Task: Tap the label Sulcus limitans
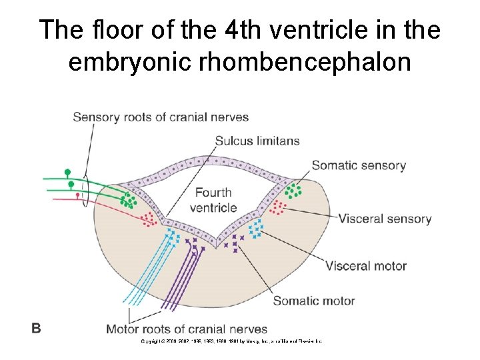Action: click(x=257, y=141)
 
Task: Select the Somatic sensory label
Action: click(x=358, y=165)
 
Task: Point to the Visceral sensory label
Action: click(x=385, y=219)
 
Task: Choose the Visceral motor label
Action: click(x=365, y=266)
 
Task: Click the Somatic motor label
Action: click(x=313, y=301)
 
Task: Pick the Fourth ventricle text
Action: click(x=213, y=200)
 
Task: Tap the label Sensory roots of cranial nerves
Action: click(x=160, y=117)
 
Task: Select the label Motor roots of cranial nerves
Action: click(x=187, y=329)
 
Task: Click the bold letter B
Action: click(x=36, y=327)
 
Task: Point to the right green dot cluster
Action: click(x=293, y=191)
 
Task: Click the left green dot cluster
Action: click(x=129, y=199)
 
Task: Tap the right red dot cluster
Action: click(x=278, y=209)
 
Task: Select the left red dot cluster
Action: click(x=149, y=218)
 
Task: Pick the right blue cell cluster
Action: click(x=255, y=229)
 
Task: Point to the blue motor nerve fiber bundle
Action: click(x=150, y=273)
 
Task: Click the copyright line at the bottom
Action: click(x=230, y=341)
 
